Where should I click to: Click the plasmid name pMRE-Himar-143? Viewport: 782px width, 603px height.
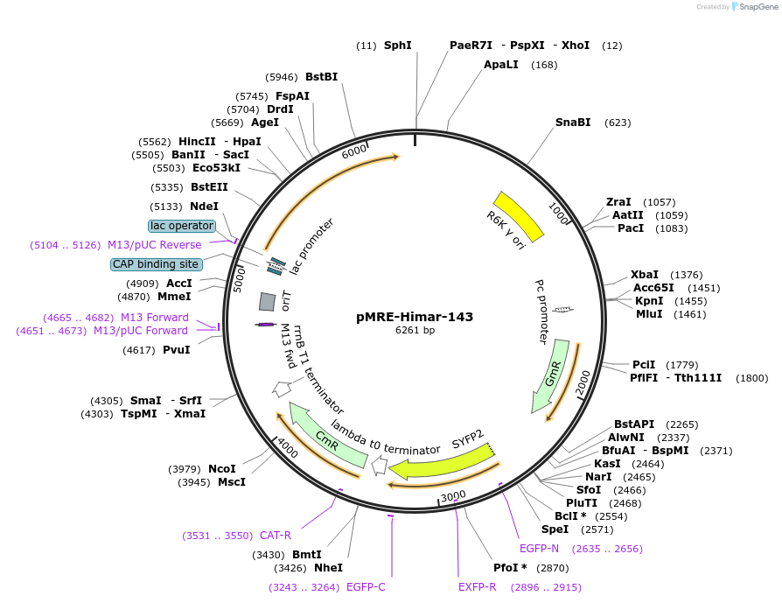[x=415, y=316]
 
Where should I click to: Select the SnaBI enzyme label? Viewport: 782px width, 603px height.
[x=573, y=123]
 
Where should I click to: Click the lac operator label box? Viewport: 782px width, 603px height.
[x=182, y=227]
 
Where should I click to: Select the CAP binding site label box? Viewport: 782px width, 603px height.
[x=157, y=264]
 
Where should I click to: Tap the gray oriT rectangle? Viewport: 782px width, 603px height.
[x=268, y=301]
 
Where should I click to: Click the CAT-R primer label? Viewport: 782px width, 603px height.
[x=276, y=536]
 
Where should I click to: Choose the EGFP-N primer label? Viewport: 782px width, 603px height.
[x=539, y=549]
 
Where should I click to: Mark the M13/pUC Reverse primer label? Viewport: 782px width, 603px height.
[x=154, y=245]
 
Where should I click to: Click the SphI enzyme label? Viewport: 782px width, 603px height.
[x=397, y=45]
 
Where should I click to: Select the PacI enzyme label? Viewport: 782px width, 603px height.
[x=631, y=228]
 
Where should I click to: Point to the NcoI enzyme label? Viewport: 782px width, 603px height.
[x=222, y=469]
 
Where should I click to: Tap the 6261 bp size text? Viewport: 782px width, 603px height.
[x=415, y=331]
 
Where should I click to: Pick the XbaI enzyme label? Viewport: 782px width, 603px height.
[x=644, y=274]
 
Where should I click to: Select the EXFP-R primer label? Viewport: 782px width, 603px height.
[x=478, y=587]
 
